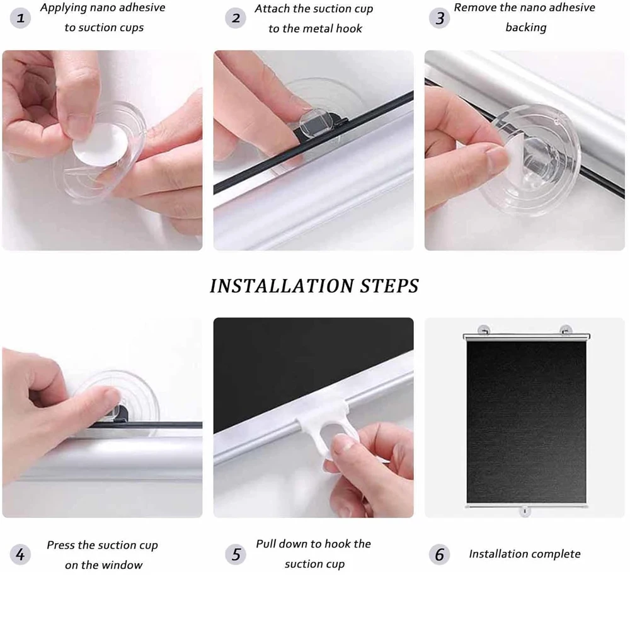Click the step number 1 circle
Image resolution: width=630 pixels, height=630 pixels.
(21, 18)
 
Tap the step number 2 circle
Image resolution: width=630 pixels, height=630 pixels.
(236, 18)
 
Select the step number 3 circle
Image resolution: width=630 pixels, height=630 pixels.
(440, 18)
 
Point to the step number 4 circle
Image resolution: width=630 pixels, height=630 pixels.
(21, 554)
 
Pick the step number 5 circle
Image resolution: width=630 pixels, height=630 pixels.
(236, 554)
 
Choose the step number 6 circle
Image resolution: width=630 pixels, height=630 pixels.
(440, 554)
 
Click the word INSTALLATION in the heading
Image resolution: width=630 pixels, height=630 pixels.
(282, 286)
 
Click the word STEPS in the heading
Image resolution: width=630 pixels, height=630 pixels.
(389, 286)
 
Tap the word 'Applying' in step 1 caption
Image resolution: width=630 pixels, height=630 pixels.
(62, 8)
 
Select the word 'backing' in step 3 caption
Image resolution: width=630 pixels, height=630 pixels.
(525, 28)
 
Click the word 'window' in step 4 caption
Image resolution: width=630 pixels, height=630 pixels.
(122, 565)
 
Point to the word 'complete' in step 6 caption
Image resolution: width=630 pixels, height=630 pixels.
(554, 554)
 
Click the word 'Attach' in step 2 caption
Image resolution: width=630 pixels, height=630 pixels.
(272, 9)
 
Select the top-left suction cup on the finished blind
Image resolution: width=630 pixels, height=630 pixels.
(484, 329)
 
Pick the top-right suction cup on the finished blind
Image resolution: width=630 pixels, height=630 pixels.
(566, 329)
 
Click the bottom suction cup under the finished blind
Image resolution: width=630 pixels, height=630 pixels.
(524, 511)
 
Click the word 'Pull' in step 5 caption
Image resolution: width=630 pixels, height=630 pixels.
(267, 544)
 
